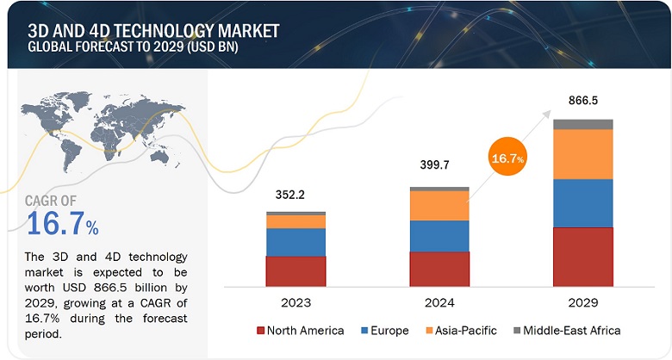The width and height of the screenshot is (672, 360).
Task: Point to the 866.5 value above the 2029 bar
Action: point(583,99)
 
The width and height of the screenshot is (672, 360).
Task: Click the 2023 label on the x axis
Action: point(296,302)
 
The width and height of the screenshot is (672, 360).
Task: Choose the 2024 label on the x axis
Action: point(439,302)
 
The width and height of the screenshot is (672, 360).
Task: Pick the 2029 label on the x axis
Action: point(583,302)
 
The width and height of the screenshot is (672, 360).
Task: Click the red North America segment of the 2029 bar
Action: point(583,256)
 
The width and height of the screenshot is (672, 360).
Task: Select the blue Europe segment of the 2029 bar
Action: point(583,203)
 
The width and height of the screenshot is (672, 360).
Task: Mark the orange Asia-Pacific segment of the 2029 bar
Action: point(583,154)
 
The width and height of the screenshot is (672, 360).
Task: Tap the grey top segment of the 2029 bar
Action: point(583,125)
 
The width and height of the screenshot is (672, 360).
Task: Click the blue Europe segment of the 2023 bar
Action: point(296,242)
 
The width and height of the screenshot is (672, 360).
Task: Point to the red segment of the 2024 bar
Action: point(439,268)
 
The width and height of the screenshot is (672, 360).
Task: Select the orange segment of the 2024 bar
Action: point(439,205)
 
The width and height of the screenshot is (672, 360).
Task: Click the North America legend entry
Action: point(302,330)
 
